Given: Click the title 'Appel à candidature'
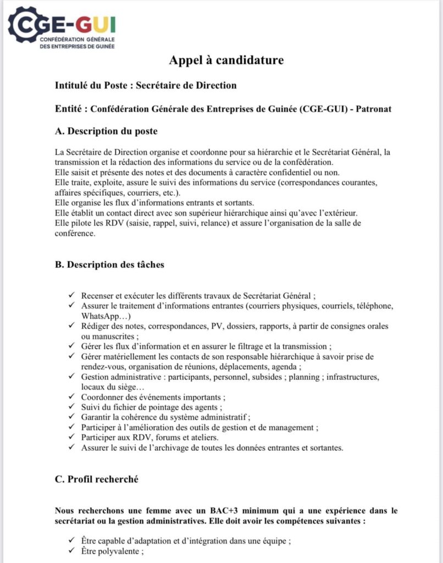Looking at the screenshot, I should click(226, 60).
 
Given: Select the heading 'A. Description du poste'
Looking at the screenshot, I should click(106, 131).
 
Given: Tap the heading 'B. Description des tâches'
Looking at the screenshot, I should click(109, 264).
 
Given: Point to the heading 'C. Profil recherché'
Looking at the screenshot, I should click(96, 479).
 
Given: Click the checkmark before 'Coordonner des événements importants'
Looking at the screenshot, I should click(71, 397).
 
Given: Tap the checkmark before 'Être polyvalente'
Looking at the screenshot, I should click(71, 551).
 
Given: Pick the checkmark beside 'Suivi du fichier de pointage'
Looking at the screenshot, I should click(71, 407).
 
